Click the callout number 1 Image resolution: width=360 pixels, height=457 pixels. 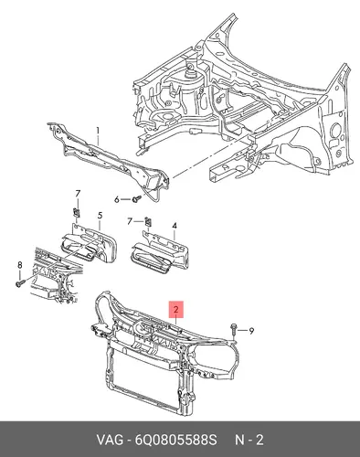pyautogui.click(x=98, y=131)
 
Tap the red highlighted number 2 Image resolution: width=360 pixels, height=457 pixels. pyautogui.click(x=176, y=310)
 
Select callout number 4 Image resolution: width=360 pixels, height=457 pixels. pyautogui.click(x=175, y=226)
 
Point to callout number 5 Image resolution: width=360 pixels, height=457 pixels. pyautogui.click(x=100, y=216)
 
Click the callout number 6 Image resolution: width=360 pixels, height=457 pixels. pyautogui.click(x=117, y=200)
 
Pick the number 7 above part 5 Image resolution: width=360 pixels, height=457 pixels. pyautogui.click(x=78, y=194)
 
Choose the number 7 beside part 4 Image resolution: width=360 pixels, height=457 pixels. pyautogui.click(x=130, y=221)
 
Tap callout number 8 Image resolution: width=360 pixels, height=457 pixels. pyautogui.click(x=20, y=265)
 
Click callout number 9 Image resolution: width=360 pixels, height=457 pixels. pyautogui.click(x=251, y=331)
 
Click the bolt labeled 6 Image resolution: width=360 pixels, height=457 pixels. pyautogui.click(x=136, y=199)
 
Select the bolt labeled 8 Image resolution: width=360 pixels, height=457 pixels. pyautogui.click(x=20, y=283)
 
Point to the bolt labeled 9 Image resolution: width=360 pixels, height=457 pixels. pyautogui.click(x=233, y=330)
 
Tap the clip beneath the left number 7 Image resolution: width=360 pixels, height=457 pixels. pyautogui.click(x=77, y=212)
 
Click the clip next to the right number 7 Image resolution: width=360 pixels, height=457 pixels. pyautogui.click(x=148, y=221)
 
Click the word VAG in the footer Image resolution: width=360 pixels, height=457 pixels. pyautogui.click(x=111, y=440)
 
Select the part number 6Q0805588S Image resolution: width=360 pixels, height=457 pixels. pyautogui.click(x=175, y=440)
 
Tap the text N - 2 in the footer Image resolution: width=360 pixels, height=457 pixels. pyautogui.click(x=249, y=440)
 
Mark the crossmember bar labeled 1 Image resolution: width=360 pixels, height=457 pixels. pyautogui.click(x=109, y=160)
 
